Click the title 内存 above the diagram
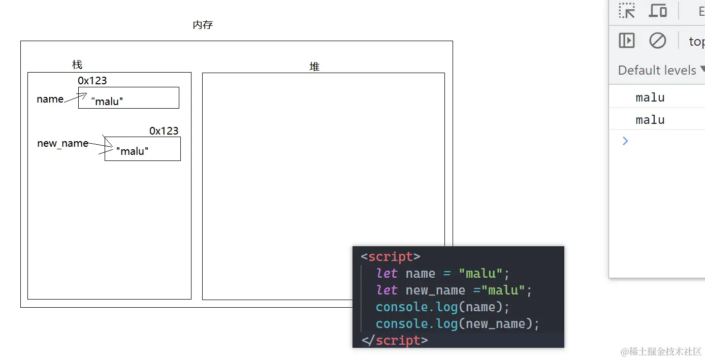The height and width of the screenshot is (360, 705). click(203, 25)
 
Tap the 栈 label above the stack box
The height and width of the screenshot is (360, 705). click(77, 65)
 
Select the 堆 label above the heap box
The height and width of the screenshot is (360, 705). click(314, 67)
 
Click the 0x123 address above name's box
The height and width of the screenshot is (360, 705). click(92, 81)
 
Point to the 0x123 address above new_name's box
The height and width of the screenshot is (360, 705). click(164, 131)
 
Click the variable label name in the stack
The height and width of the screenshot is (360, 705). click(50, 99)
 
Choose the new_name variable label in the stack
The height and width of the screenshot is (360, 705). click(62, 144)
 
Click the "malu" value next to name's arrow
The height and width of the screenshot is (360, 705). click(107, 102)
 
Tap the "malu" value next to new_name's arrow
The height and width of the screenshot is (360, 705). click(132, 151)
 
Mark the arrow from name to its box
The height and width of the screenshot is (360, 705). click(75, 97)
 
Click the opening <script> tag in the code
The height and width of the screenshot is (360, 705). click(390, 256)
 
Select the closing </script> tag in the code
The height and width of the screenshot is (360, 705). click(394, 340)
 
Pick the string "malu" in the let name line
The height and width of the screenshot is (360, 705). click(480, 274)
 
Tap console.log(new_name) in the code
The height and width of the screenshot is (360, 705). click(457, 323)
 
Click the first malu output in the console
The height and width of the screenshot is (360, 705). click(650, 97)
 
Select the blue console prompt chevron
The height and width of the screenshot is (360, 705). click(625, 141)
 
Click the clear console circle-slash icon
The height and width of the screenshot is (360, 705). click(657, 41)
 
